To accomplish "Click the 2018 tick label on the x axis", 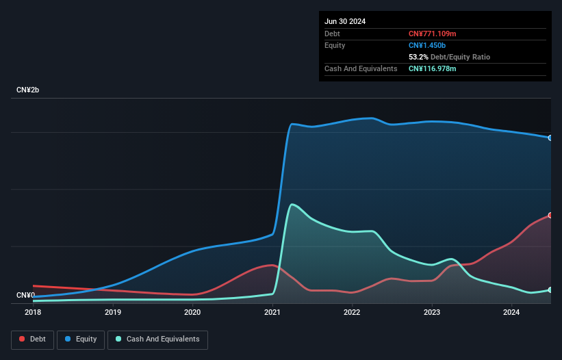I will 33,313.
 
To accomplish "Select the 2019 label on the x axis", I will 113,313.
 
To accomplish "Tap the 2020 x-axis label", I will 192,313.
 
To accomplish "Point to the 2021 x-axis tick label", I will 272,313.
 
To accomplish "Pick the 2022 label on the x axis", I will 352,313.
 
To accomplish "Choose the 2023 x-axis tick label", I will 432,313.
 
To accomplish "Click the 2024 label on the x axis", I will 511,313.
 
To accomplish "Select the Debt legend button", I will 32,339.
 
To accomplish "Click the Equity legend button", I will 81,339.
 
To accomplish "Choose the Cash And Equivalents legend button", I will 157,339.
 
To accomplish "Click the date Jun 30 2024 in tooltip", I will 345,21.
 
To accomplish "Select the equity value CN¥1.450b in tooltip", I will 426,45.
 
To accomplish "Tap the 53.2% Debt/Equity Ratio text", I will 449,57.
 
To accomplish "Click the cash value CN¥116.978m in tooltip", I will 432,68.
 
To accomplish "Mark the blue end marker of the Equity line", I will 550,138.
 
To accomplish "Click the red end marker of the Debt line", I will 550,215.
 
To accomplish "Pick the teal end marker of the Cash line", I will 550,290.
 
